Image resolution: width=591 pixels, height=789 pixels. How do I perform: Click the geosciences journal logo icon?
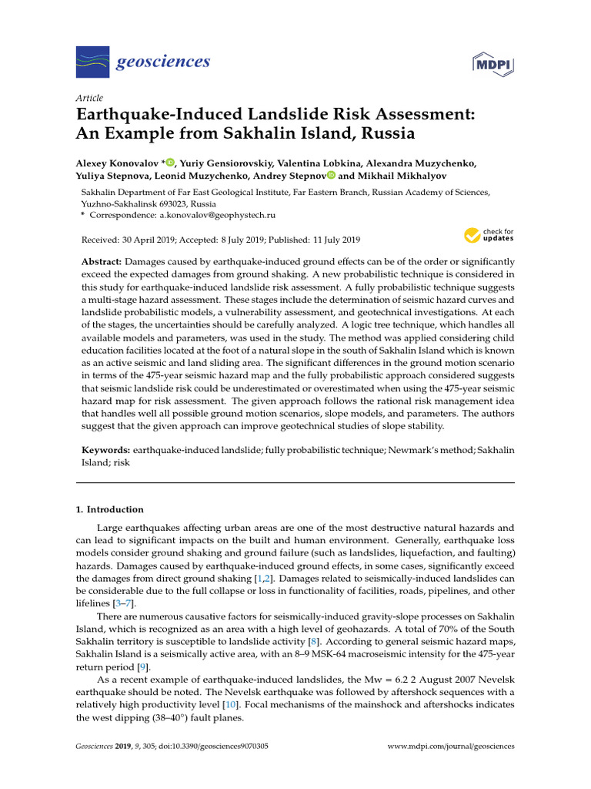(91, 61)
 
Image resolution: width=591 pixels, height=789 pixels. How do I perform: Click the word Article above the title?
(89, 98)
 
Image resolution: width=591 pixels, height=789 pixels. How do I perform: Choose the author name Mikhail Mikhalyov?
(392, 176)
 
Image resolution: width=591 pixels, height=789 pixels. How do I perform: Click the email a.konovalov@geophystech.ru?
(210, 215)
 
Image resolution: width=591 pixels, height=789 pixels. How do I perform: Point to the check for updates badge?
(489, 235)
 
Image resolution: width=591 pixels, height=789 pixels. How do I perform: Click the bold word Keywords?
(106, 448)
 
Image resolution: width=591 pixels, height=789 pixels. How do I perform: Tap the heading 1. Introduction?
(109, 510)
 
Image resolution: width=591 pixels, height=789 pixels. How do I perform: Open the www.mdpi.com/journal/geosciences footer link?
(450, 747)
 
